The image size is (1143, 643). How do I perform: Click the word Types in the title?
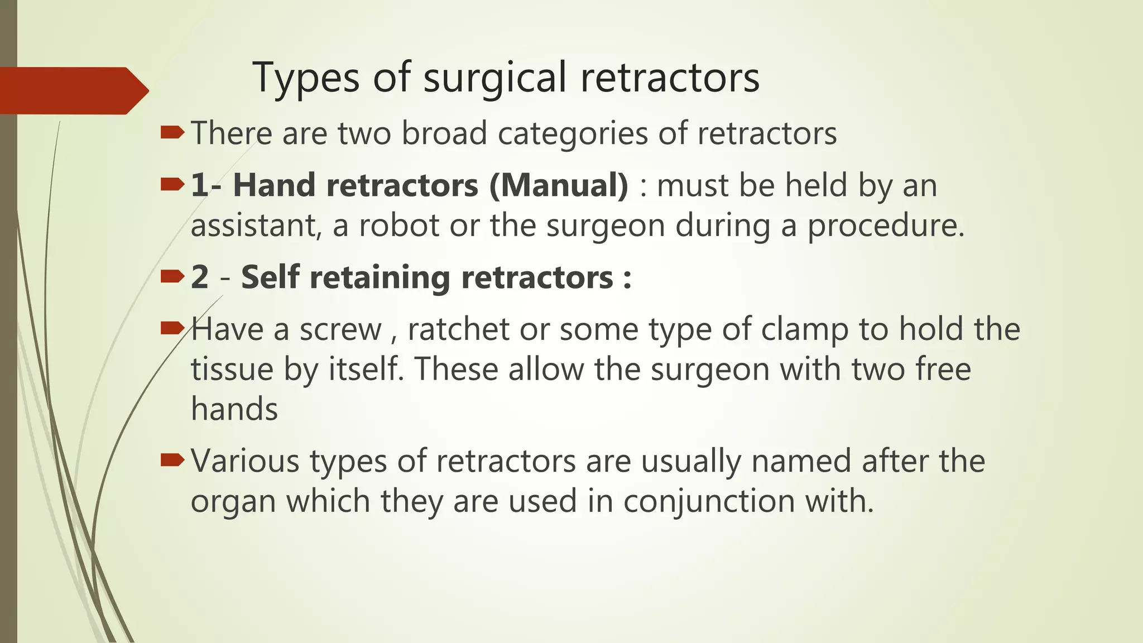pyautogui.click(x=306, y=78)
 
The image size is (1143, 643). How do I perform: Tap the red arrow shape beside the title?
pyautogui.click(x=73, y=90)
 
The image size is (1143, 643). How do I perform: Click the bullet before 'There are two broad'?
pyautogui.click(x=172, y=132)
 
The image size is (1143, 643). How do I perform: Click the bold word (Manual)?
pyautogui.click(x=559, y=185)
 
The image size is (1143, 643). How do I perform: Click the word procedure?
pyautogui.click(x=886, y=227)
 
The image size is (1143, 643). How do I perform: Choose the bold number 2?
pyautogui.click(x=200, y=277)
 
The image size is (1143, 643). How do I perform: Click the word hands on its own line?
pyautogui.click(x=234, y=409)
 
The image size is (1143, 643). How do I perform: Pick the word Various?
pyautogui.click(x=245, y=462)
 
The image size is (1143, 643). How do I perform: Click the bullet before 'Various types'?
pyautogui.click(x=172, y=460)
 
